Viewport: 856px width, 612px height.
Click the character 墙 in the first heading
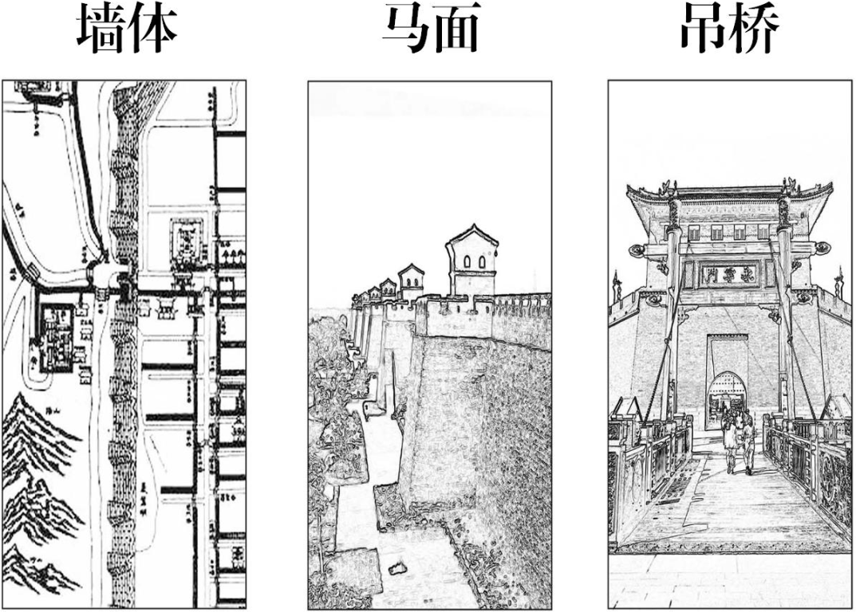(102, 29)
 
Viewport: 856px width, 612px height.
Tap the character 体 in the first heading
(152, 29)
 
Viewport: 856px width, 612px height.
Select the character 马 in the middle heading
(405, 29)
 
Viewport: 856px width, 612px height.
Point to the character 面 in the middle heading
(456, 29)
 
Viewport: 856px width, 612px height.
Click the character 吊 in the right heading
(703, 29)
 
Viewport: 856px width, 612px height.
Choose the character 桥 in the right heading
(754, 29)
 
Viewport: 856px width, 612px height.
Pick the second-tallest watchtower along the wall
(411, 281)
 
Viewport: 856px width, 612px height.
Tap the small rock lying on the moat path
(395, 569)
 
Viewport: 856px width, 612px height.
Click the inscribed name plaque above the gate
(728, 276)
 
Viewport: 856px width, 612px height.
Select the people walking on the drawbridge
(738, 442)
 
